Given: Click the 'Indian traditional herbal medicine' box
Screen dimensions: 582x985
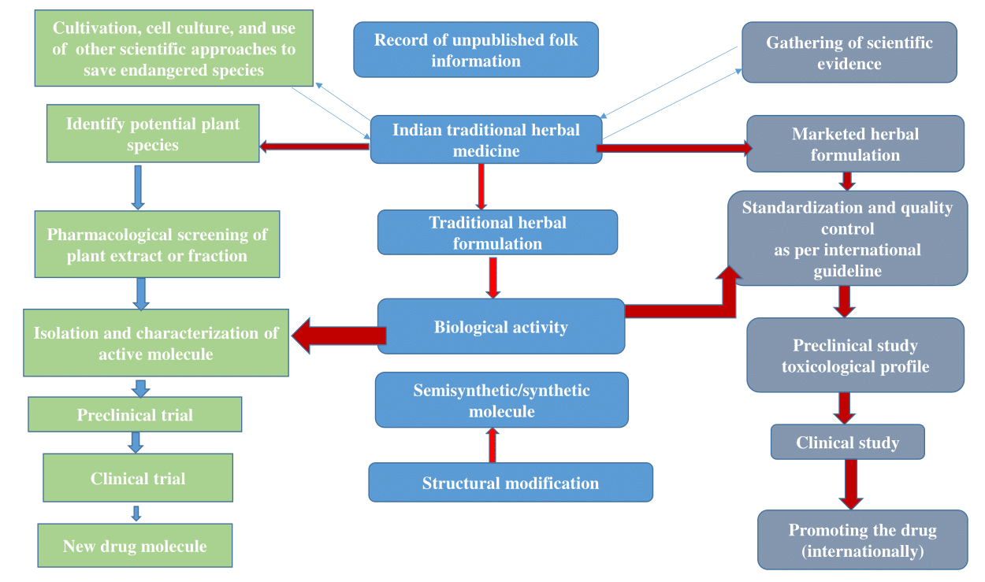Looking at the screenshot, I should point(486,140).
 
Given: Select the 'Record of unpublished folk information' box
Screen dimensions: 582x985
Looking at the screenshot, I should point(476,50).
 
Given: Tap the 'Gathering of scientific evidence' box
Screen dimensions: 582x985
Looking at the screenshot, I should point(849,53).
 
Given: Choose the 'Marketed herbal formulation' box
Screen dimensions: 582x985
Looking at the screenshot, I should point(855,144).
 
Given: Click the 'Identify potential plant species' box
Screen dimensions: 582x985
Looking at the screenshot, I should point(153,134).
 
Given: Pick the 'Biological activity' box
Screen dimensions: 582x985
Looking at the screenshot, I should point(500,327).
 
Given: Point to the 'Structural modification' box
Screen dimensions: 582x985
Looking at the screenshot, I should point(511,483).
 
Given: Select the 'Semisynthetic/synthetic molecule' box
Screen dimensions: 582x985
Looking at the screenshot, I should point(501,400).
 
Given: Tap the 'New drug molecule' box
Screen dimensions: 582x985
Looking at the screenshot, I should point(135,546).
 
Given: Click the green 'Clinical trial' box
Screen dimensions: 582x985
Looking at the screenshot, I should point(138,478).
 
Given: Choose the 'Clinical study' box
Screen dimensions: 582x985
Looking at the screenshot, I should point(847,443).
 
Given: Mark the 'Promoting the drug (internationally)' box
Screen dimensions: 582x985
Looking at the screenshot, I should point(862,539).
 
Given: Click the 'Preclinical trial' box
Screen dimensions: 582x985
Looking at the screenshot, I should point(135,414).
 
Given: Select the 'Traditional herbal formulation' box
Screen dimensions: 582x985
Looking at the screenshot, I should point(497,232).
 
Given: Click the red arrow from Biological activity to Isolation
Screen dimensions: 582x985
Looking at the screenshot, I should point(339,336).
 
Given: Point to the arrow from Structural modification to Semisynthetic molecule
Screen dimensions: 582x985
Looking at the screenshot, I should point(492,445).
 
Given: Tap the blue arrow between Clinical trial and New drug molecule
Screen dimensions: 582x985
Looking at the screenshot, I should point(136,513).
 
